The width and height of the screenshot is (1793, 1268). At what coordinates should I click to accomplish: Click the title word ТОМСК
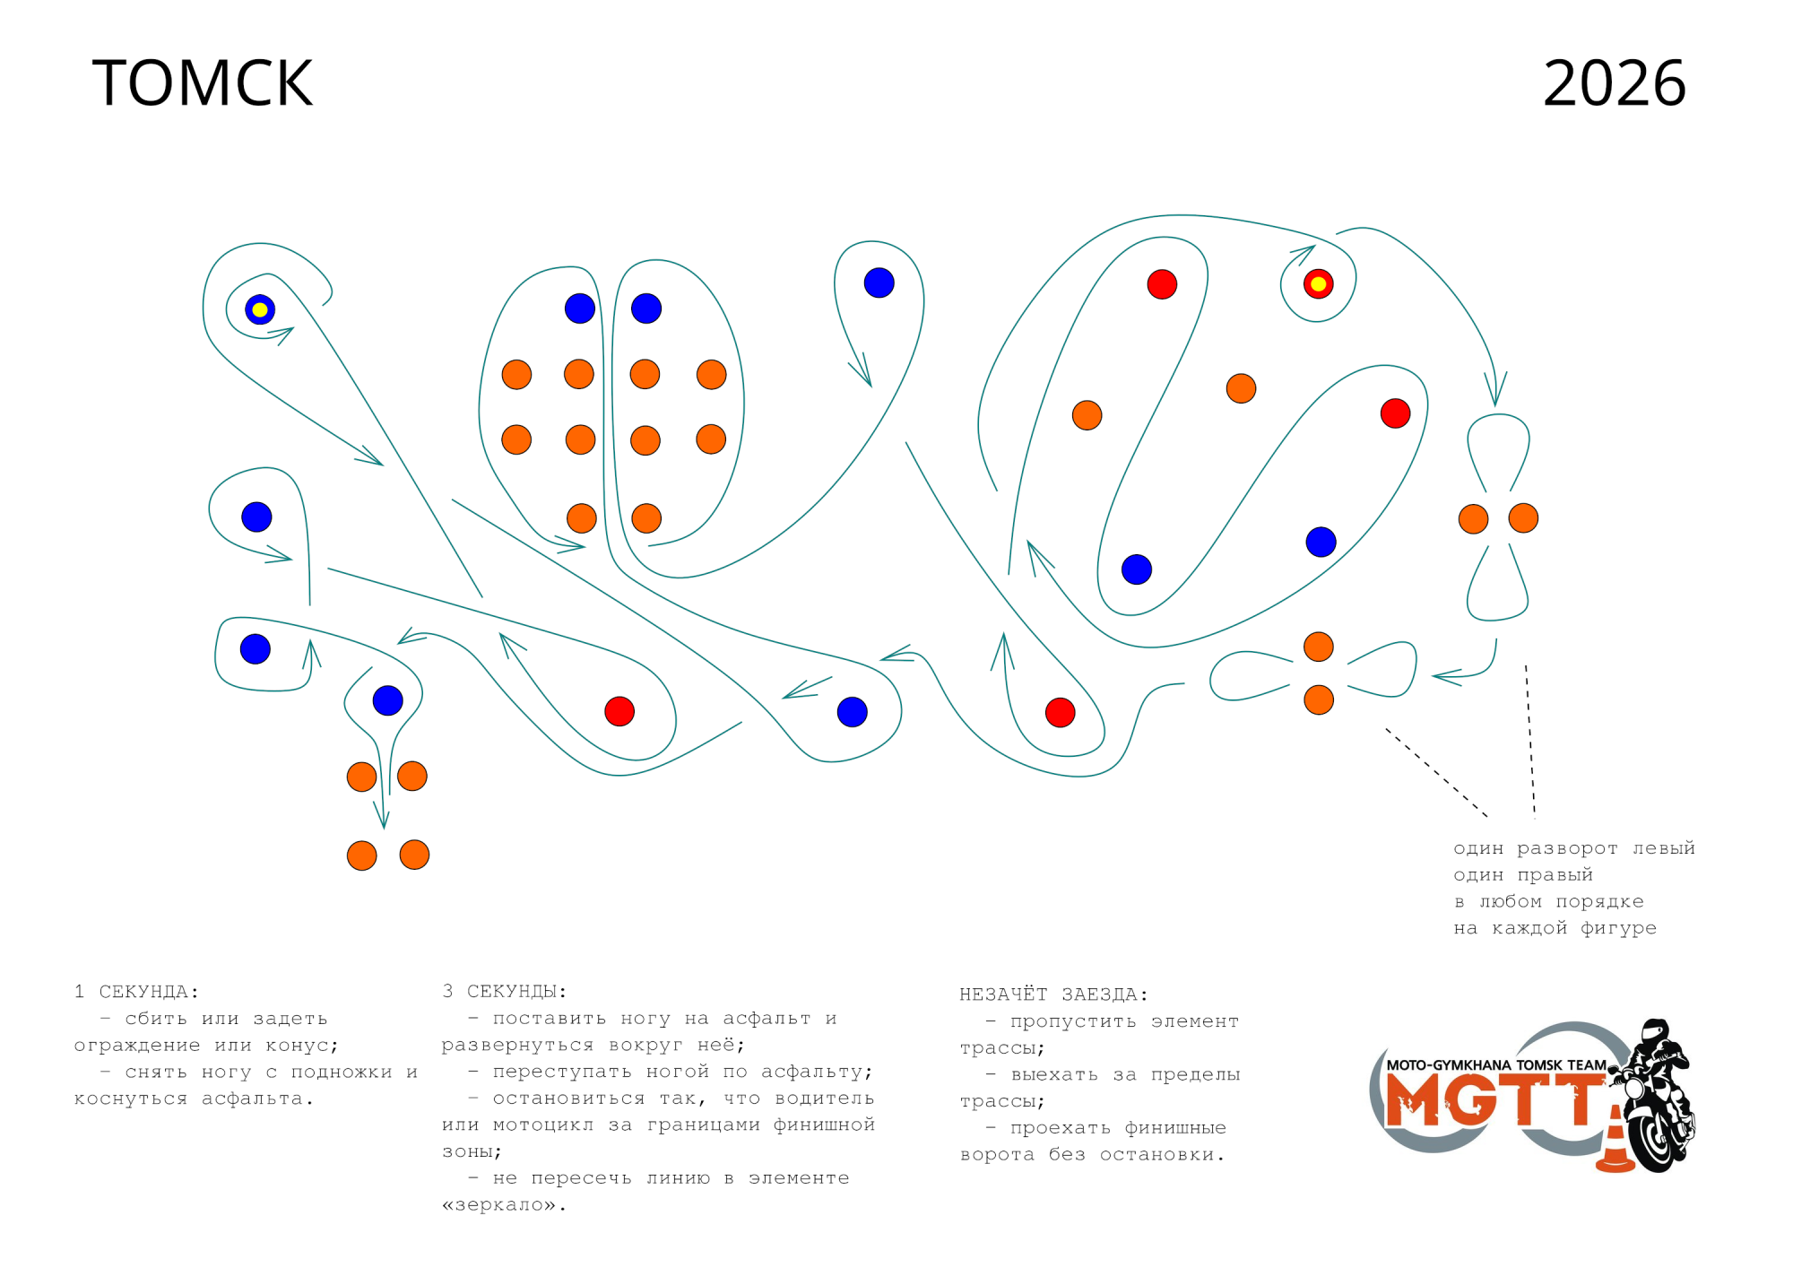coord(203,83)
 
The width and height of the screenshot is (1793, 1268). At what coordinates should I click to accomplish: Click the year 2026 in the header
coord(1615,83)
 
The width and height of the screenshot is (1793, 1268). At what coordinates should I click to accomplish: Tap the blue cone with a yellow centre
coord(260,309)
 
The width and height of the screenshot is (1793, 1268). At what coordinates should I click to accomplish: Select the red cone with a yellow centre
coord(1318,283)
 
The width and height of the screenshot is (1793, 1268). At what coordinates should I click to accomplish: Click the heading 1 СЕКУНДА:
coord(136,991)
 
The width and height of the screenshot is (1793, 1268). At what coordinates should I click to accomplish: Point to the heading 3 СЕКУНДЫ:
coord(504,991)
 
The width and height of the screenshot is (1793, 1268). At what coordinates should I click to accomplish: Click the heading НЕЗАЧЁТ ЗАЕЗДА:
coord(1053,994)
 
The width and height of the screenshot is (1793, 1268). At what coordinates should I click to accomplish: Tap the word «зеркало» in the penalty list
coord(504,1204)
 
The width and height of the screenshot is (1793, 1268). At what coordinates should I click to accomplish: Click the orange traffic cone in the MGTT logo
coord(1615,1141)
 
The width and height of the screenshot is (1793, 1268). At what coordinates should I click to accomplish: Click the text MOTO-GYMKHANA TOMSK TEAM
coord(1496,1065)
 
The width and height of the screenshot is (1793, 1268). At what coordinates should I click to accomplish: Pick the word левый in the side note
coord(1663,847)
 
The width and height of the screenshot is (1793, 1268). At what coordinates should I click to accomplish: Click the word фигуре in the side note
coord(1618,928)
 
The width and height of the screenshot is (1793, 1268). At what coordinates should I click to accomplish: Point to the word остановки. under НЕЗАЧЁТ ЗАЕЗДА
coord(1162,1154)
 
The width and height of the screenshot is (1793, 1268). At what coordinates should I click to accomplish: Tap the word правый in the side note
coord(1555,874)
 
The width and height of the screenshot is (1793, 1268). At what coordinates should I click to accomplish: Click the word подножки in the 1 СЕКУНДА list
coord(342,1072)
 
